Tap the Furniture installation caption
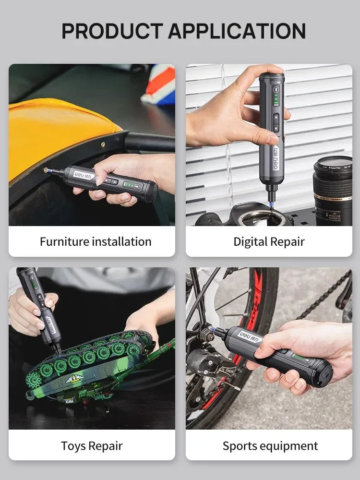[x=96, y=241]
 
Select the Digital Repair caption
[x=269, y=241]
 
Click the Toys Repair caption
[x=92, y=445]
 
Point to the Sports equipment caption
[x=270, y=445]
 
